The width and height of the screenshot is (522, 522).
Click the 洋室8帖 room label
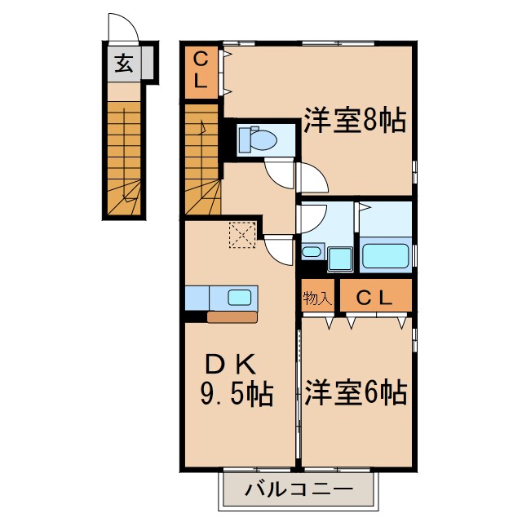click(355, 122)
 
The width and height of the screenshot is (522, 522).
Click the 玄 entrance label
click(123, 63)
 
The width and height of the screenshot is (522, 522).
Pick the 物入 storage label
click(317, 298)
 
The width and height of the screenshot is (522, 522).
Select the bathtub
click(384, 255)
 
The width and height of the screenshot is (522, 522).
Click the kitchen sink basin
click(239, 298)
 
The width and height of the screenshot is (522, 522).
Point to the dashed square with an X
click(242, 236)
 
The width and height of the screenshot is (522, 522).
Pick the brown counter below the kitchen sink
click(232, 316)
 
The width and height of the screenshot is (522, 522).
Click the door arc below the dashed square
click(278, 250)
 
